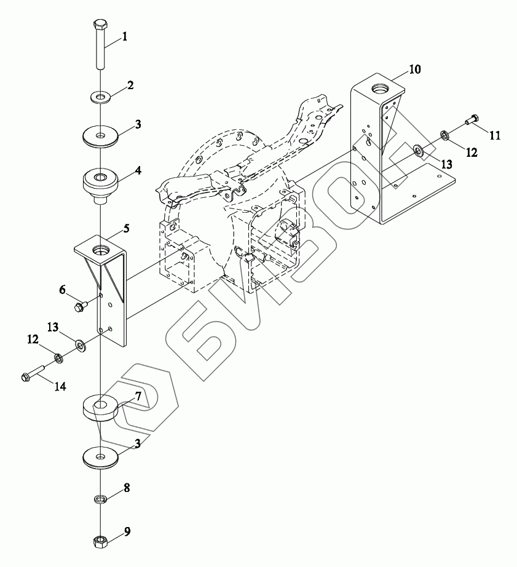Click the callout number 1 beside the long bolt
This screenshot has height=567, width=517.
124,37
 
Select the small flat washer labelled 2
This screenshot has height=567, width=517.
100,97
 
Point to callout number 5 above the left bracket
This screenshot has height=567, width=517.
125,229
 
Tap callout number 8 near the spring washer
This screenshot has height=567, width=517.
126,489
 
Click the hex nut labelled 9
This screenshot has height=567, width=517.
100,542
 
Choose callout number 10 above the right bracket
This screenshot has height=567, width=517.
414,69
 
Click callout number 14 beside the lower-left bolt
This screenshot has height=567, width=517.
61,386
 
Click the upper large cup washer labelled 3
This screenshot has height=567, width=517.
100,137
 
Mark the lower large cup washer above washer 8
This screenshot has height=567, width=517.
100,458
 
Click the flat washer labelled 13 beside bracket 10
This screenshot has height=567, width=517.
418,150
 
